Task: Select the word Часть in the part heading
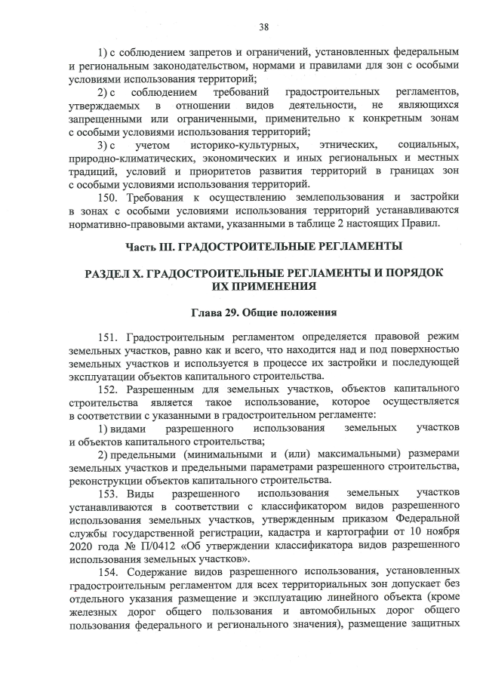point(140,246)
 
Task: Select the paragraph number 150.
point(109,198)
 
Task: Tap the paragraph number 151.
point(109,337)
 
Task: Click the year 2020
point(81,546)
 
